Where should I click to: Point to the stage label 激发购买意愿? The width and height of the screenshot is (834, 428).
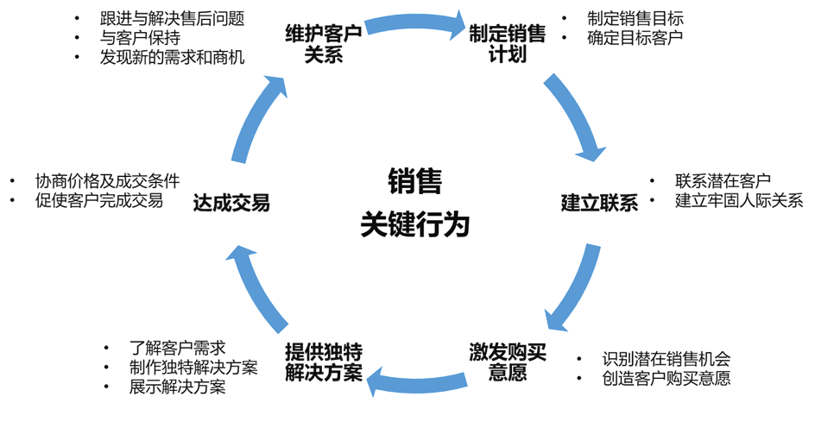pyautogui.click(x=508, y=362)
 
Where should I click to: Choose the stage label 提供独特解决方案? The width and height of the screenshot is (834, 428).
pyautogui.click(x=324, y=362)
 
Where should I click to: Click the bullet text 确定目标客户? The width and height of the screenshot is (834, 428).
pyautogui.click(x=635, y=37)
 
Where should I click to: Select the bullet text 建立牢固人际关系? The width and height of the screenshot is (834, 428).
pyautogui.click(x=739, y=201)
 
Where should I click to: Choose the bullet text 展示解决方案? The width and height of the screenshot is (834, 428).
pyautogui.click(x=178, y=387)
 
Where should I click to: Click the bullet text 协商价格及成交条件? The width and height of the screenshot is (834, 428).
pyautogui.click(x=107, y=181)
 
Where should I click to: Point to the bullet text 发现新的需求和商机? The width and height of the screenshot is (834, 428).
pyautogui.click(x=173, y=58)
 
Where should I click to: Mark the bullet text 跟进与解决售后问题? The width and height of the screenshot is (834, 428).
pyautogui.click(x=172, y=19)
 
